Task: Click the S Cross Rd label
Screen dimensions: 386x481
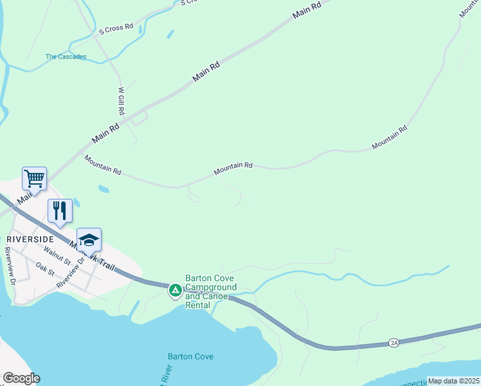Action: point(116,28)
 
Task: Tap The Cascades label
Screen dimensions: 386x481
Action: point(66,57)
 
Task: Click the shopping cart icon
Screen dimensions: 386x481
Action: point(34,178)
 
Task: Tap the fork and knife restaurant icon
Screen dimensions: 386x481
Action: point(60,210)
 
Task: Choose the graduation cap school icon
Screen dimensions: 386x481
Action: point(89,239)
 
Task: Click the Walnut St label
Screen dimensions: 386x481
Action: point(58,258)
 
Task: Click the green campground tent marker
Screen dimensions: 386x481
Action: point(175,291)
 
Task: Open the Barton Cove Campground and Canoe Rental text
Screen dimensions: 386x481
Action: point(210,292)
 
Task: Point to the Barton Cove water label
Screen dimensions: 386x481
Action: point(190,356)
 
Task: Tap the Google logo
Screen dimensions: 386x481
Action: point(22,378)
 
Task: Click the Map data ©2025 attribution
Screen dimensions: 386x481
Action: point(453,381)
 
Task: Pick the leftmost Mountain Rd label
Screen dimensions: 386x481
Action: point(103,165)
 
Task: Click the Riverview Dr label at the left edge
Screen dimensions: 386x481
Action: point(10,264)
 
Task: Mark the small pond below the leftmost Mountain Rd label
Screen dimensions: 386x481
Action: point(103,189)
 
